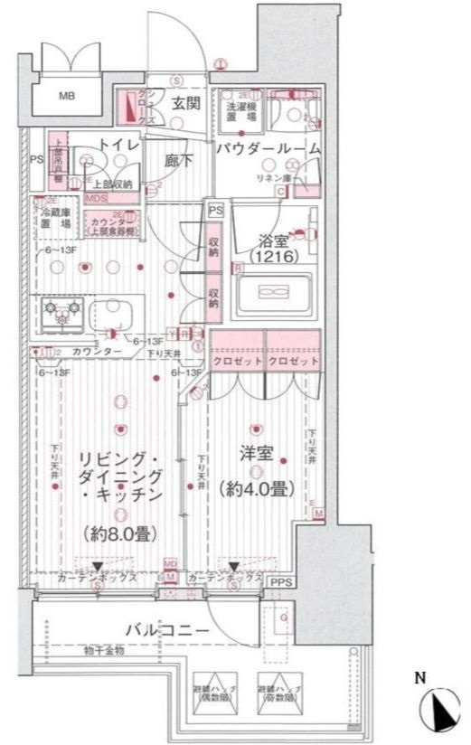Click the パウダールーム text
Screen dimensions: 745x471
[267, 148]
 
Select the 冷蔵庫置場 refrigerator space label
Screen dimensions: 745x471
[55, 216]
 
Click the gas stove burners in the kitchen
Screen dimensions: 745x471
[61, 312]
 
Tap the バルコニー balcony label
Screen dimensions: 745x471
[167, 629]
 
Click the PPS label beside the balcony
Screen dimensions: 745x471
[282, 583]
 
